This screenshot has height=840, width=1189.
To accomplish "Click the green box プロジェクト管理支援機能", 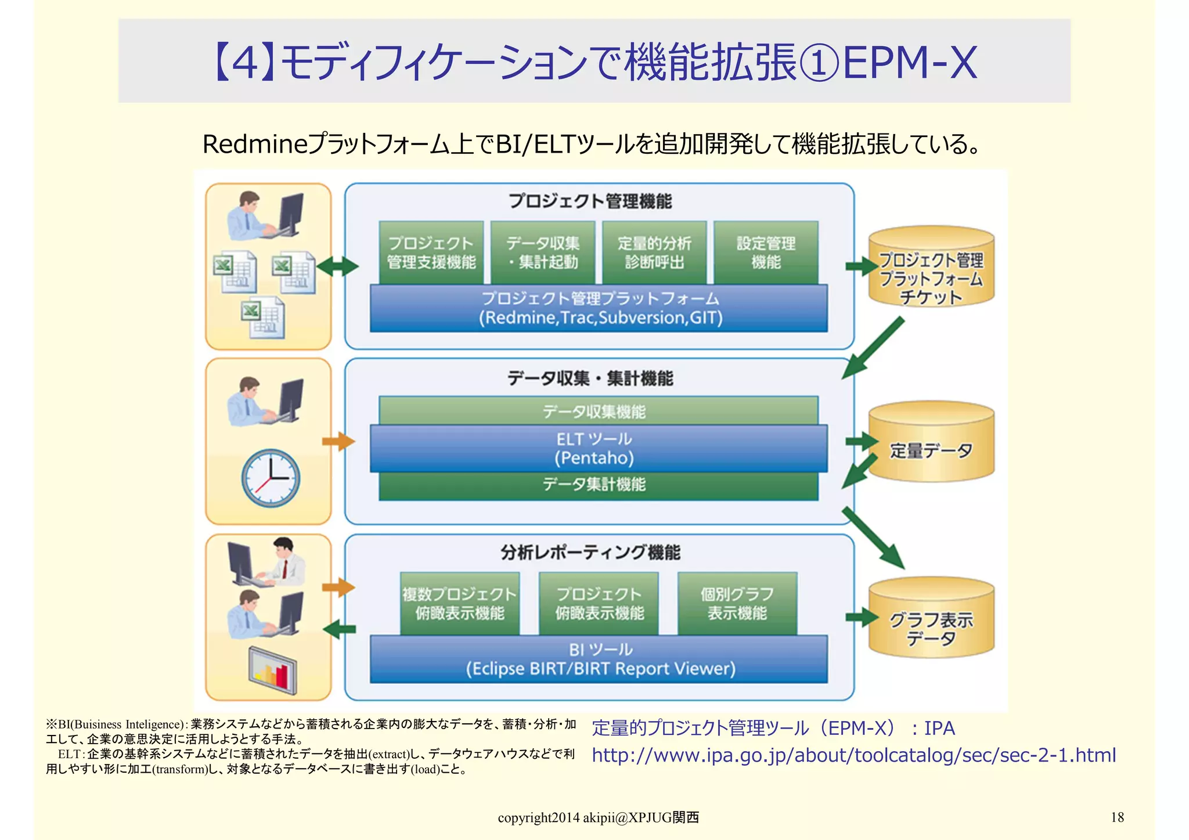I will [x=431, y=253].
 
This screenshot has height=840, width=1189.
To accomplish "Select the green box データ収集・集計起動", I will [x=543, y=253].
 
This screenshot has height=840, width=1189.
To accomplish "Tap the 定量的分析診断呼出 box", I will [x=654, y=253].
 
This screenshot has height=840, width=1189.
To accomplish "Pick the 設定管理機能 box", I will [x=766, y=253].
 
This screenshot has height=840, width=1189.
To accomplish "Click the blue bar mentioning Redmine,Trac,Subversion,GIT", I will [x=599, y=308].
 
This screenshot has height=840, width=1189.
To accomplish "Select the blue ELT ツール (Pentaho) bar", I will [x=599, y=448].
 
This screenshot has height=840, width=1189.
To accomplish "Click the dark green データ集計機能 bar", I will [x=599, y=485].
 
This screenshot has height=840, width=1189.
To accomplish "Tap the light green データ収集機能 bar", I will [x=599, y=410].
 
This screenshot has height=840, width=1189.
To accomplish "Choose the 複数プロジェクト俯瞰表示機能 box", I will [x=459, y=604].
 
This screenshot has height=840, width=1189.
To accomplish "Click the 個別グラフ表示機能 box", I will [x=737, y=604].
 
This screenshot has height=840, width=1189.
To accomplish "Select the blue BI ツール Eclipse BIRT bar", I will [x=599, y=659].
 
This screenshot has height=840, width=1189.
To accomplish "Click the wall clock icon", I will [x=271, y=478].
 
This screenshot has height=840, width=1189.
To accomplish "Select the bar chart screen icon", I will [x=273, y=671].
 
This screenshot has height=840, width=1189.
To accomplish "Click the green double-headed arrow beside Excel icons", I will [x=338, y=266].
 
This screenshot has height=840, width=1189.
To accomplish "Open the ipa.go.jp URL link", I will [x=853, y=755].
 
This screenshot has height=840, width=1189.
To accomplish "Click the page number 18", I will [x=1116, y=817].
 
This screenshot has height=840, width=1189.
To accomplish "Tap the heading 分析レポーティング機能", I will [x=590, y=552].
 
